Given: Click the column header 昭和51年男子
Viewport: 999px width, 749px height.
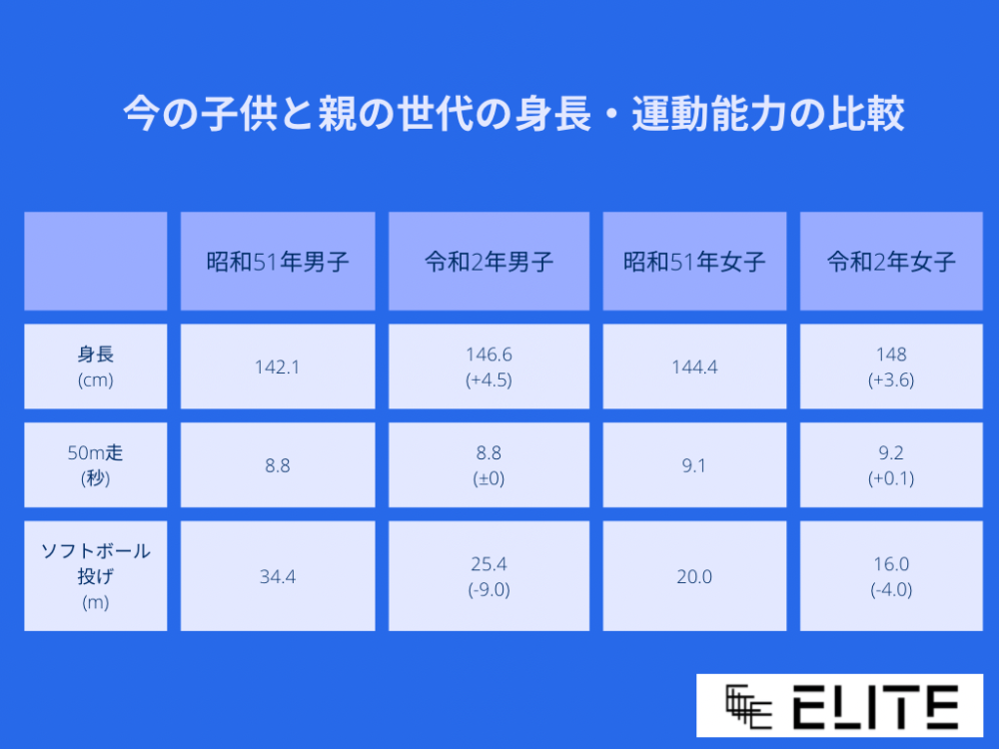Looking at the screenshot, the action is tap(278, 261).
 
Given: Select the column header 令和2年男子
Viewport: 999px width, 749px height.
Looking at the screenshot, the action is tap(489, 261).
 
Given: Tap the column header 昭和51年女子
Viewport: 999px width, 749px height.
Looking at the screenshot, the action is tap(694, 261).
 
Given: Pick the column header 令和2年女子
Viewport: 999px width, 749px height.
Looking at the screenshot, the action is tap(891, 261).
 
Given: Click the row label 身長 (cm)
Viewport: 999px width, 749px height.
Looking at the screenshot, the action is tap(96, 367).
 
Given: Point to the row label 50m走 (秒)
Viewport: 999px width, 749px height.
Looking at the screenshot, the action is tap(96, 465).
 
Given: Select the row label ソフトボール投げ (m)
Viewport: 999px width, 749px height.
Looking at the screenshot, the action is tap(96, 576).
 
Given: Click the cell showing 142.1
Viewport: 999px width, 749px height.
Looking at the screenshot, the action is tap(278, 367).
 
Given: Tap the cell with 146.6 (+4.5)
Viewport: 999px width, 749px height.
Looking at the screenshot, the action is tap(489, 367).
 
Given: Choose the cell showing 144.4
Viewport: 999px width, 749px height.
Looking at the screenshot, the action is tap(694, 367).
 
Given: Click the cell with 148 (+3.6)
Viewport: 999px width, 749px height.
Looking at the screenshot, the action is tap(891, 367).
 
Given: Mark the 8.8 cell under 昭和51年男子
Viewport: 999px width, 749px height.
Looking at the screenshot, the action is tap(278, 465).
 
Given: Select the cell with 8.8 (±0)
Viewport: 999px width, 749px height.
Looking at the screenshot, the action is tap(489, 465).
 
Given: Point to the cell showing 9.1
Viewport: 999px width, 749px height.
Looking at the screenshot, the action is tap(694, 465).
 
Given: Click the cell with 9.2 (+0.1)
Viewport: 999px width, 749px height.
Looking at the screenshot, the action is tap(891, 465).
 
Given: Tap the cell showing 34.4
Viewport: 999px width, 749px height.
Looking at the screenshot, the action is tap(278, 576).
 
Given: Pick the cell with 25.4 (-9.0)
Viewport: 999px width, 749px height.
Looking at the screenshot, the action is tap(489, 576).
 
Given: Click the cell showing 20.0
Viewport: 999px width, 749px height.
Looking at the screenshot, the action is tap(694, 576).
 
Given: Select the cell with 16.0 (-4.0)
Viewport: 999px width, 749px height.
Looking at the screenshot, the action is tap(891, 576).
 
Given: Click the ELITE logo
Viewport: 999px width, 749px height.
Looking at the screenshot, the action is tap(840, 706).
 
